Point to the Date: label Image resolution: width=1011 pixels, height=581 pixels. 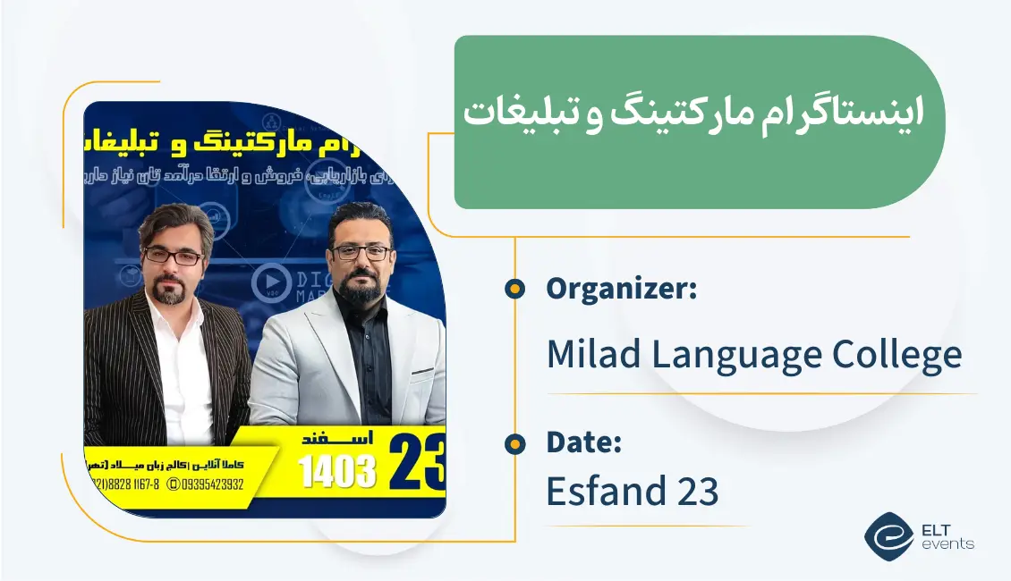(x=583, y=442)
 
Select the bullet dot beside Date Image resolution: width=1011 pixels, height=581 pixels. (x=514, y=442)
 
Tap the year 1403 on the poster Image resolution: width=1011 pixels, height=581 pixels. (x=337, y=471)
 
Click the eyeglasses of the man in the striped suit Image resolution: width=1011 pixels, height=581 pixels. (x=174, y=257)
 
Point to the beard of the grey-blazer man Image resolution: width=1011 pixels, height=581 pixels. (x=361, y=292)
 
